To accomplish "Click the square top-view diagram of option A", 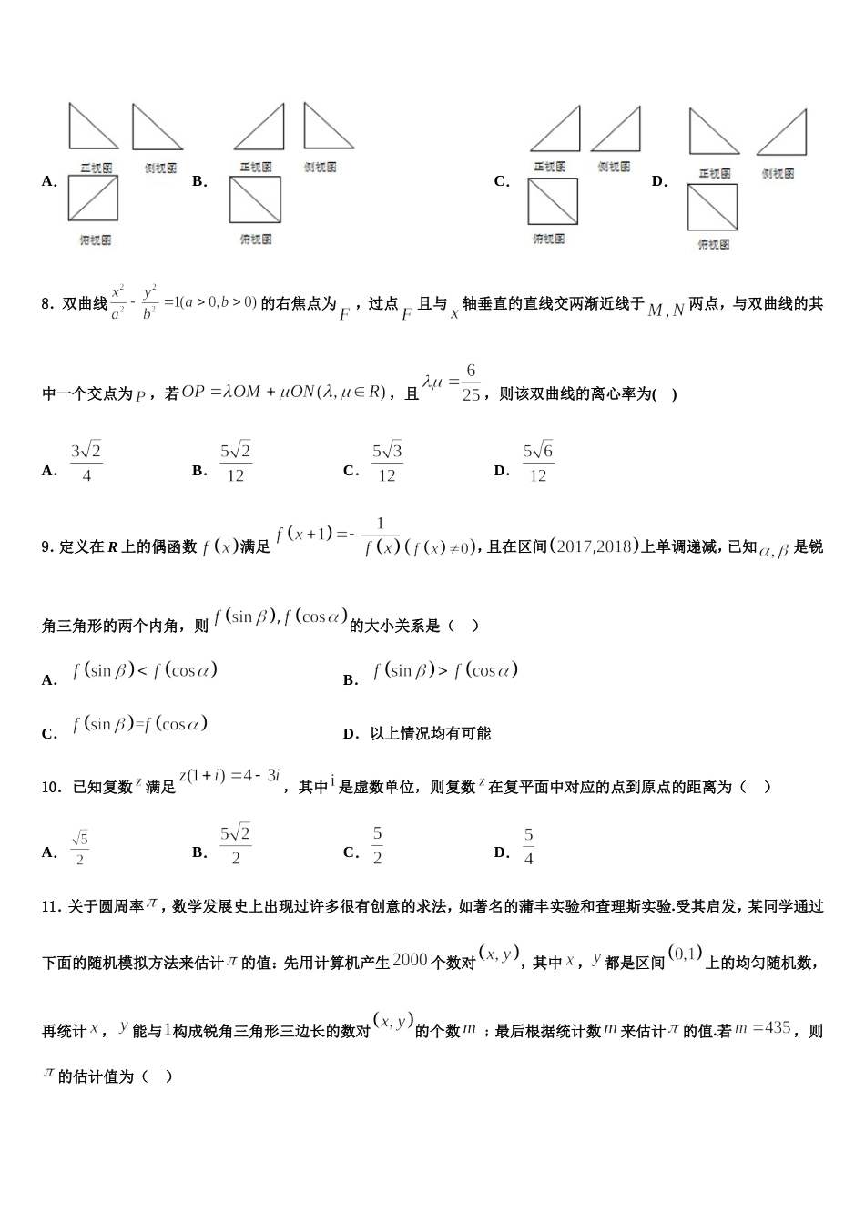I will [93, 199].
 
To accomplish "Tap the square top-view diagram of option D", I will [712, 208].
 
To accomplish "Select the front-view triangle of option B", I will [259, 127].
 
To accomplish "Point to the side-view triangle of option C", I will [616, 129].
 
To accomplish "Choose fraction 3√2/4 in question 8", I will [86, 462].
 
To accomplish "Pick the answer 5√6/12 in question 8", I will [538, 462].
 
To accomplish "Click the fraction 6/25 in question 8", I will [470, 382].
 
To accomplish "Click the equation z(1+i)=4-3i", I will [230, 777].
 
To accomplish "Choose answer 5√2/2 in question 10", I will [235, 844].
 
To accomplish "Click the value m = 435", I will [763, 1028].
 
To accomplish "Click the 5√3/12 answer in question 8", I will [387, 462].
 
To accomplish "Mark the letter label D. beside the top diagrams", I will [660, 181].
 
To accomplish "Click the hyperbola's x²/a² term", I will [118, 303].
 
